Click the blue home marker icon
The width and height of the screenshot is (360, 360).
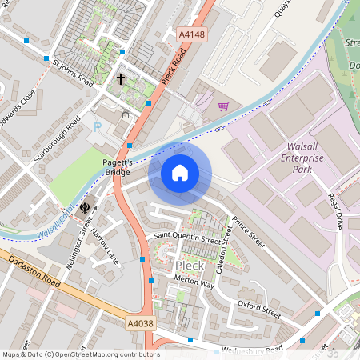[x=180, y=173]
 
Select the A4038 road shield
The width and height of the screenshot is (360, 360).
[x=139, y=323]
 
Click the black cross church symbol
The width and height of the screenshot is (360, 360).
[x=122, y=79]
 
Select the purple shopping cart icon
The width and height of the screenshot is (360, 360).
[x=223, y=106]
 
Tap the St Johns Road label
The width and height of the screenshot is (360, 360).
[x=73, y=72]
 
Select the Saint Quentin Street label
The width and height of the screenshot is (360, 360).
[x=186, y=238]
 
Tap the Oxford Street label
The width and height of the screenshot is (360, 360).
[x=259, y=309]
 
